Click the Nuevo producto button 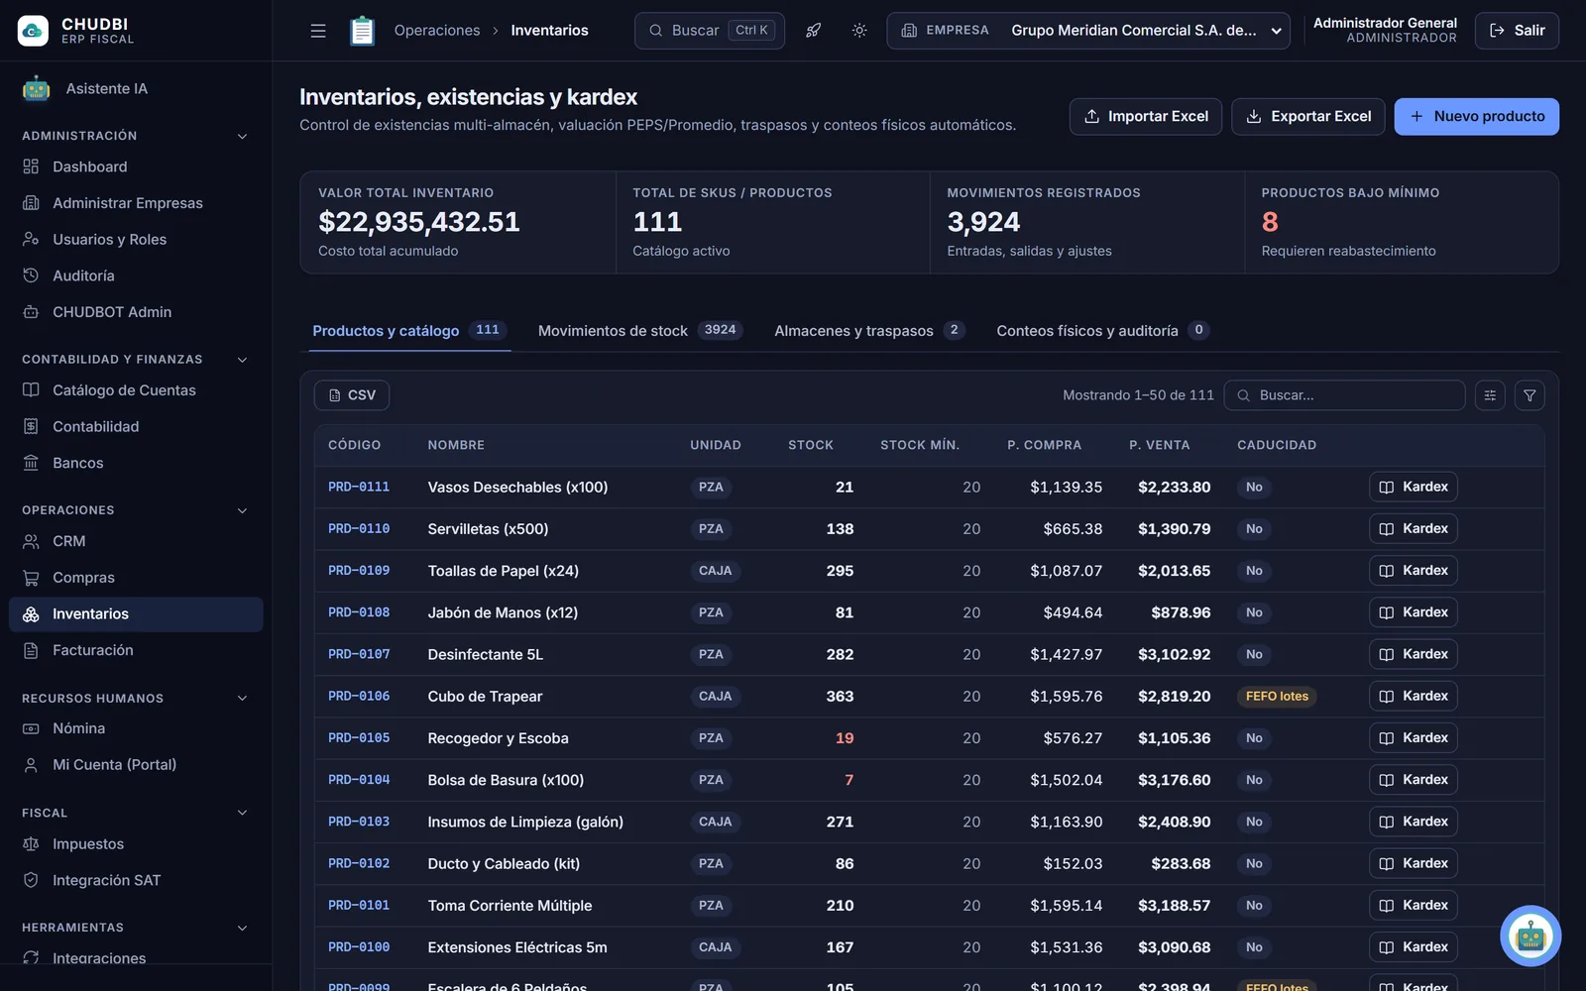coord(1476,116)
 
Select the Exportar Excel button coord(1307,116)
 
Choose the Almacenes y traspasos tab coord(868,331)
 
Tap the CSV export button coord(352,395)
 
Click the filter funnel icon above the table coord(1529,395)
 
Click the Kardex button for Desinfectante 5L coord(1413,654)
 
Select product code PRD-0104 coord(359,779)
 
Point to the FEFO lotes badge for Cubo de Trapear coord(1277,696)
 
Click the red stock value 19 coord(844,737)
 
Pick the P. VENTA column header coord(1159,445)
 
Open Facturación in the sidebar coord(93,650)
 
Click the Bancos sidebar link coord(78,462)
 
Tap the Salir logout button coord(1517,31)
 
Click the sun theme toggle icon coord(858,31)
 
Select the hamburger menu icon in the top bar coord(318,31)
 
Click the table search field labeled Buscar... coord(1344,395)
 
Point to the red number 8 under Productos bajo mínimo coord(1270,222)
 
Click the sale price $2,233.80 coord(1174,487)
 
